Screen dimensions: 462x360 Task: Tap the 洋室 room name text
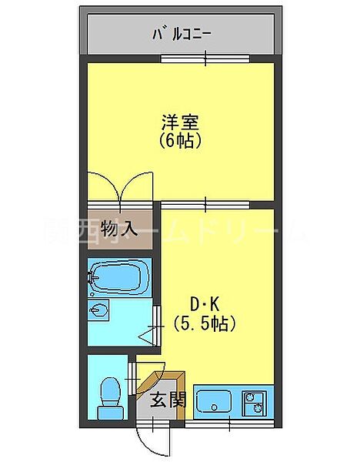click(x=181, y=122)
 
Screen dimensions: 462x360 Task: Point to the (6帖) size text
click(x=181, y=141)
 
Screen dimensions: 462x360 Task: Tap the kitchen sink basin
click(x=215, y=403)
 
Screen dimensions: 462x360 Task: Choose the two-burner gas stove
click(x=254, y=403)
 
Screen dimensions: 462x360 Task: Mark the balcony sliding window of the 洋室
click(x=205, y=59)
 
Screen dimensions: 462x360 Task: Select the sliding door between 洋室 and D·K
click(x=205, y=203)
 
